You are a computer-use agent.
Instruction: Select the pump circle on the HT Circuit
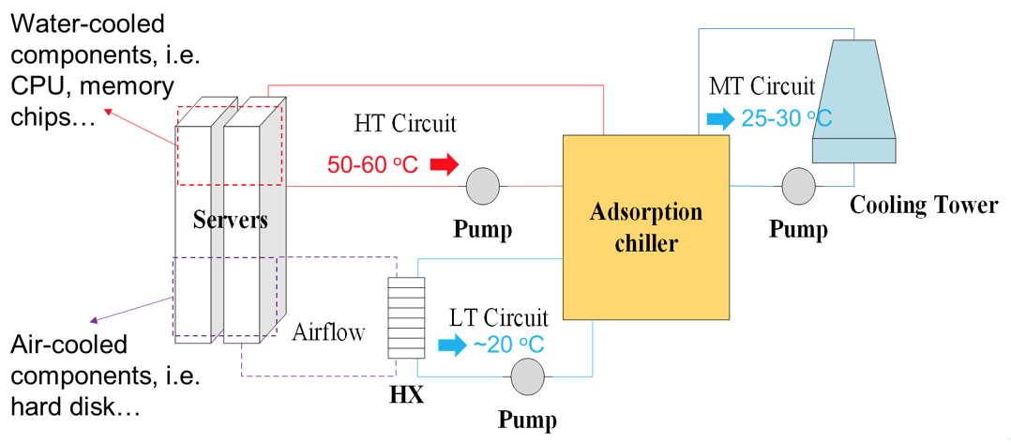coord(483,186)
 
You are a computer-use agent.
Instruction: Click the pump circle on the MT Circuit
coord(799,186)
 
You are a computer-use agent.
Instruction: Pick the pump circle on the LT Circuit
coord(527,376)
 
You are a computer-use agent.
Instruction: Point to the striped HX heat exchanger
coord(406,317)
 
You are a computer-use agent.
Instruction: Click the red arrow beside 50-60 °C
coord(443,164)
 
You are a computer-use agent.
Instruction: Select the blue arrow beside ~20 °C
coord(452,345)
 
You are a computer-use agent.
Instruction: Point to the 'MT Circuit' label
coord(762,87)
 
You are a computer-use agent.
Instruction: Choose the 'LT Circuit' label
coord(498,316)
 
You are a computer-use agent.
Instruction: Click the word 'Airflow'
coord(329,330)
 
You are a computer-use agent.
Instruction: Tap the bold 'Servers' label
coord(231,221)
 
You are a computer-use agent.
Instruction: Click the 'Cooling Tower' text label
coord(924,206)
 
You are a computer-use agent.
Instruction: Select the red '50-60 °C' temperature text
coord(372,164)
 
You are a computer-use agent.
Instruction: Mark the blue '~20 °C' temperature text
coord(508,345)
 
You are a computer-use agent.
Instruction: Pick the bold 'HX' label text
coord(406,395)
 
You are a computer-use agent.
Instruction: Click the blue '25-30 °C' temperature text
coord(785,119)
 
